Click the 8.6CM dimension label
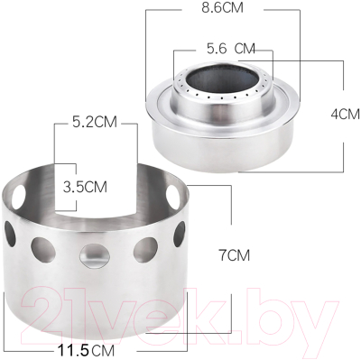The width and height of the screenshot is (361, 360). coord(222,7)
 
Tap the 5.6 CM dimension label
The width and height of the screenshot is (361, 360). coord(231,49)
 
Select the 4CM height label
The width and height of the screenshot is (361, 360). coord(345,115)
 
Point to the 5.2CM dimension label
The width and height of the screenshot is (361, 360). coord(95,122)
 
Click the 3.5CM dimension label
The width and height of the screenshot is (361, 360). coord(85,187)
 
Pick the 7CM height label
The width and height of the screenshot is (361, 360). coord(234,255)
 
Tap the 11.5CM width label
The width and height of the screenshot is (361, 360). coord(86,350)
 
